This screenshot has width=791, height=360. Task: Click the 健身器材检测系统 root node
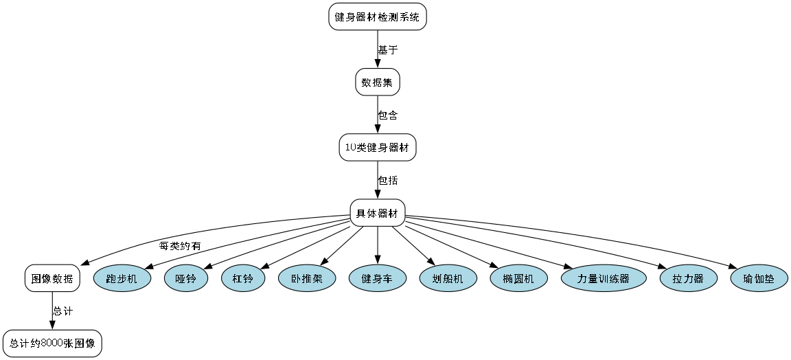click(378, 17)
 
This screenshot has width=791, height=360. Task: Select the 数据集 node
click(378, 82)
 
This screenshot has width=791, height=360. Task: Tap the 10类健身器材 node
click(378, 148)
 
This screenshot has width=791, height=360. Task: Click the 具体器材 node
click(378, 213)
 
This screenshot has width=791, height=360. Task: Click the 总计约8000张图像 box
click(52, 343)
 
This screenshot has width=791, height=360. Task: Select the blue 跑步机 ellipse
click(122, 279)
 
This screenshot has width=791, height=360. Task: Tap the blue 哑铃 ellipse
click(186, 279)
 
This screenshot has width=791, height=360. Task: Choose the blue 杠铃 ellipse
click(243, 279)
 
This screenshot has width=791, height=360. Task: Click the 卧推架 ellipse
click(306, 279)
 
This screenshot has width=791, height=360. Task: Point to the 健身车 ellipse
click(378, 279)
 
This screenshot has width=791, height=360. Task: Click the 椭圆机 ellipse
click(518, 279)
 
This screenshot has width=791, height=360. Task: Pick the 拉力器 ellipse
click(689, 279)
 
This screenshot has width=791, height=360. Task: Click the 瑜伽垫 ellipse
click(759, 279)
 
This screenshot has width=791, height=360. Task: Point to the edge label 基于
click(388, 50)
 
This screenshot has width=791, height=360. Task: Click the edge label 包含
click(388, 115)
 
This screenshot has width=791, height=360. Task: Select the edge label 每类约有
click(181, 246)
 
